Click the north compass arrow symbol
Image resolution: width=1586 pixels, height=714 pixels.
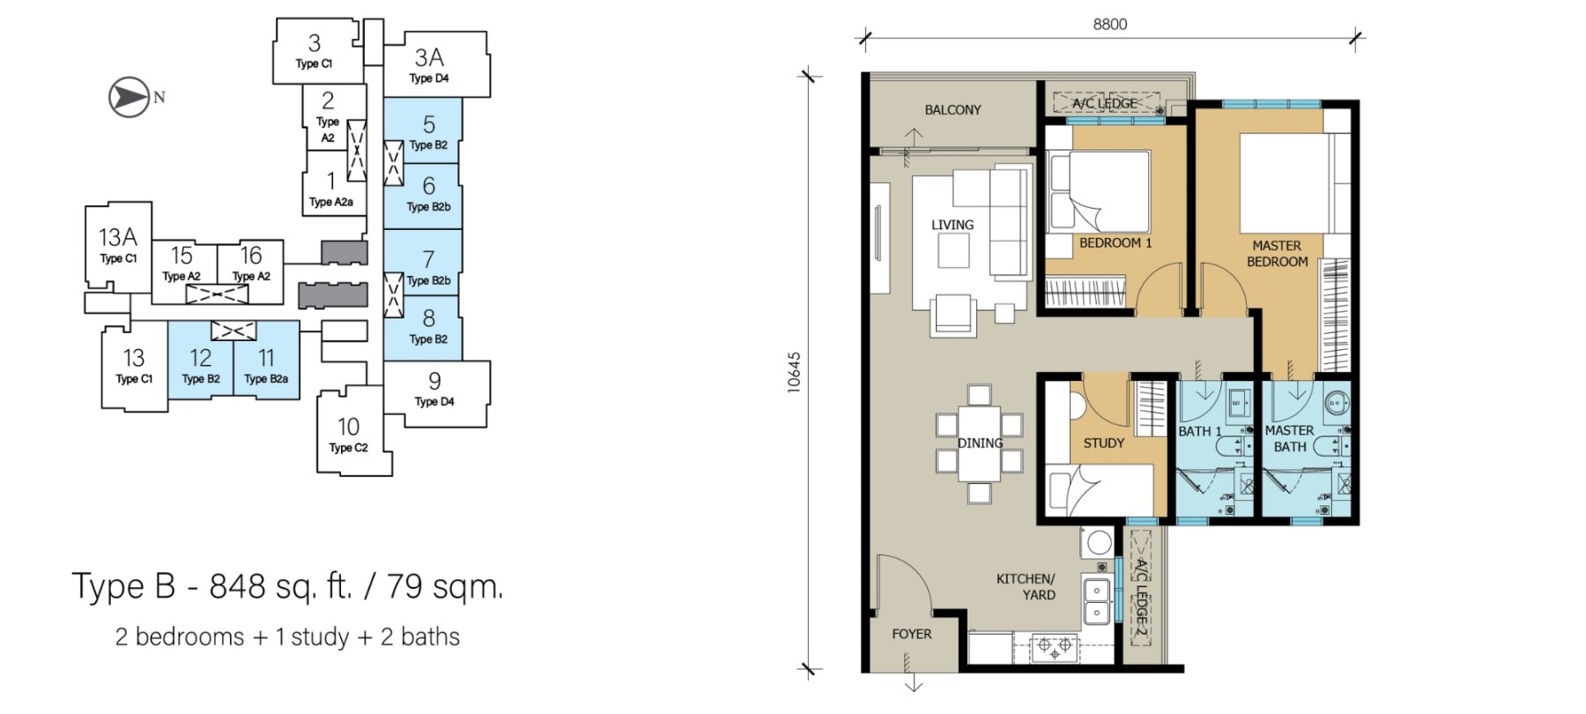click(x=129, y=97)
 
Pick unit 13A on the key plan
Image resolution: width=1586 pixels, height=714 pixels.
click(x=118, y=246)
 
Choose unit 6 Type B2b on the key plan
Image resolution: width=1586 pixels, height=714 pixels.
click(x=422, y=196)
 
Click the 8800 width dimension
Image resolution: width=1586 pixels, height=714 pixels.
click(x=1110, y=25)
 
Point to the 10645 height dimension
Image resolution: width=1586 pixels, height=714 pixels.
click(x=795, y=372)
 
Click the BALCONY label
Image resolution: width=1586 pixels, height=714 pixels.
click(x=952, y=110)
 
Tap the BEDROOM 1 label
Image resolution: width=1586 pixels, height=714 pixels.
click(x=1115, y=242)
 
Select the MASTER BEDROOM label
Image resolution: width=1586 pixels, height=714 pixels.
click(x=1277, y=254)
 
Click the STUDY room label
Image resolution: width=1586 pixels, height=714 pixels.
click(x=1103, y=443)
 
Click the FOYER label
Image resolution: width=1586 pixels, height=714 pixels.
click(x=911, y=634)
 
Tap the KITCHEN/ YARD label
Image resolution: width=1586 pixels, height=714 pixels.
click(x=1026, y=587)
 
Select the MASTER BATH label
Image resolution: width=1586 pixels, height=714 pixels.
click(x=1289, y=439)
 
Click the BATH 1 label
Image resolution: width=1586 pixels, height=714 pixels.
click(x=1200, y=431)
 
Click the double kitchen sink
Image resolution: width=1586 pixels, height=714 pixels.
click(x=1096, y=599)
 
